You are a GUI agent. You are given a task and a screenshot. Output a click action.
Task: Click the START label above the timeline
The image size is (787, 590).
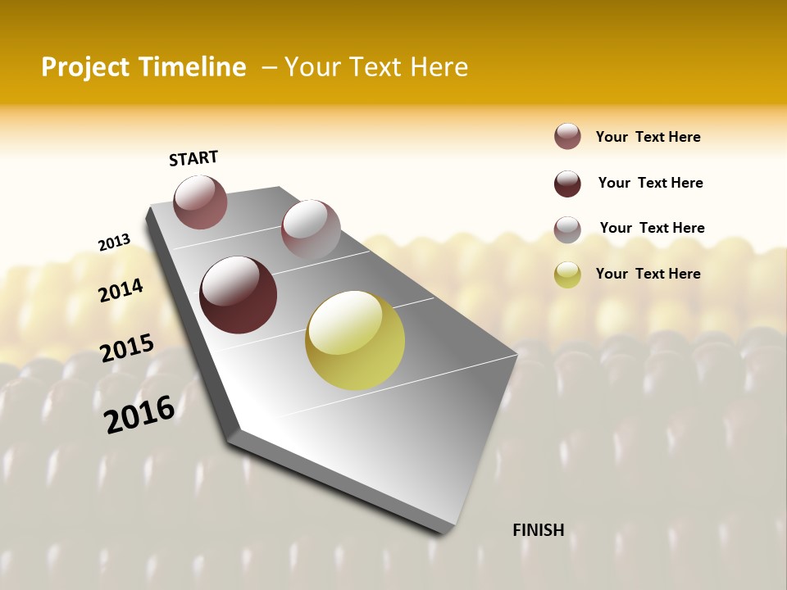point(193,158)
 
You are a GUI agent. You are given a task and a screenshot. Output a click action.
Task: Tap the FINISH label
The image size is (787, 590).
point(538,530)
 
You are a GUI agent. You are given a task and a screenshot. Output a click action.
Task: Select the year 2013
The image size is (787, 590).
point(114,243)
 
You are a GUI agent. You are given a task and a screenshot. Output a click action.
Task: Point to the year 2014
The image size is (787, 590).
point(121,290)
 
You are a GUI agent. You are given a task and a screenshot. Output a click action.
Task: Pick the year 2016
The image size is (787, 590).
point(139,415)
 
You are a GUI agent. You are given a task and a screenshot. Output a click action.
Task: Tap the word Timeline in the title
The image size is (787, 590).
point(193,67)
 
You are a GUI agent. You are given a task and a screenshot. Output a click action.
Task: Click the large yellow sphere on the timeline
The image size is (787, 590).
point(355,340)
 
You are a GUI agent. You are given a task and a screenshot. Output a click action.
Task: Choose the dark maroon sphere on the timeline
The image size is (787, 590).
point(239,295)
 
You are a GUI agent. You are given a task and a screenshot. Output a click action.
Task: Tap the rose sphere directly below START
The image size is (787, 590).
point(200,202)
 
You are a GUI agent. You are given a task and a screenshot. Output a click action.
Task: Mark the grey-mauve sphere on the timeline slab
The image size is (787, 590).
point(311,229)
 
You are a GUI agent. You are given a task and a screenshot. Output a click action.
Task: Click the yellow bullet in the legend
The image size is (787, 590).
point(567,275)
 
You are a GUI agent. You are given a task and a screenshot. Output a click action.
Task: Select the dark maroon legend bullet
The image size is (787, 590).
point(567,184)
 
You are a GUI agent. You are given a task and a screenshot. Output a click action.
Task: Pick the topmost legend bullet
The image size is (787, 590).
point(567,137)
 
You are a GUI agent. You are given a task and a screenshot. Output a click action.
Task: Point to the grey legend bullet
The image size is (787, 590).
point(567,229)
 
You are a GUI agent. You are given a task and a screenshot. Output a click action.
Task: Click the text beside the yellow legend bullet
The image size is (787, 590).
point(648,274)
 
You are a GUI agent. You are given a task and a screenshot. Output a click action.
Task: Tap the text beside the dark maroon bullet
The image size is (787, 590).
point(650,183)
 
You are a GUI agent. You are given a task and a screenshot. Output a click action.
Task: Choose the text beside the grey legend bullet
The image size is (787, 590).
point(652,228)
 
